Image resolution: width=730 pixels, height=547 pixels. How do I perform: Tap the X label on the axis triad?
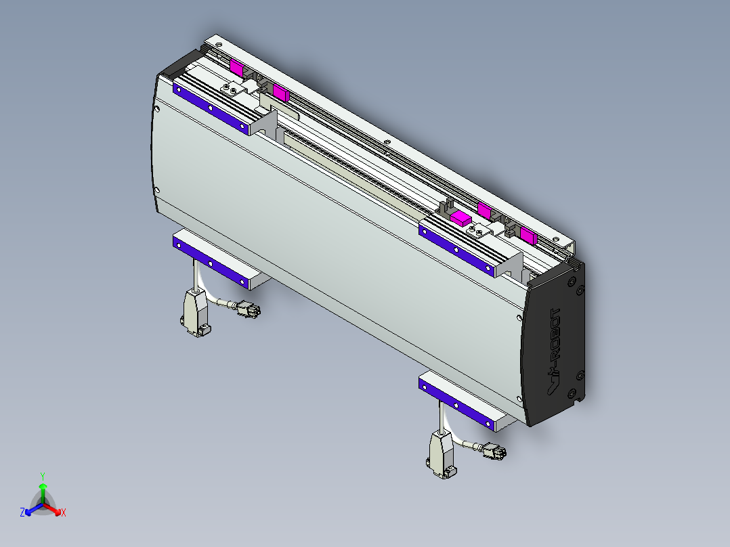64,512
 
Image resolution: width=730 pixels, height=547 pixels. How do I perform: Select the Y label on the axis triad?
43,476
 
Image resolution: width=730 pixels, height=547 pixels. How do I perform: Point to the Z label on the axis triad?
22,513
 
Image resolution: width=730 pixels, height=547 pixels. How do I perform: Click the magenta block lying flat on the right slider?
460,217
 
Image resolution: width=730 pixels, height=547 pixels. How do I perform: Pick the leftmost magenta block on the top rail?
236,66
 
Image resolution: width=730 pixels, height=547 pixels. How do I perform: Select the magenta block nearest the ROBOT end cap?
528,236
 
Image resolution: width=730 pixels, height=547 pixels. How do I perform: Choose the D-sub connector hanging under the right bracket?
442,454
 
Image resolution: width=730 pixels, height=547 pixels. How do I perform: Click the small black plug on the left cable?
248,311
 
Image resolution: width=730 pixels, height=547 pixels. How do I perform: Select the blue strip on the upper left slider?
211,108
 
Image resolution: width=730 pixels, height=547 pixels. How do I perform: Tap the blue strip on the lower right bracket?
456,403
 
